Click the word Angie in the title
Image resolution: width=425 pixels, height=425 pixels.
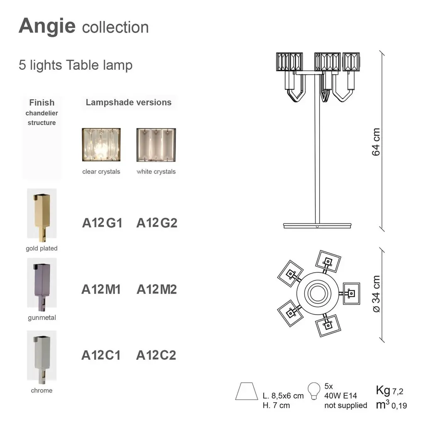pyautogui.click(x=47, y=27)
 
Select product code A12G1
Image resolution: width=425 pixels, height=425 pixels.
pyautogui.click(x=102, y=223)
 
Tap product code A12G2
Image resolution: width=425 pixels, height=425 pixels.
pyautogui.click(x=156, y=223)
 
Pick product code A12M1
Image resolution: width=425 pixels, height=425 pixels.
pyautogui.click(x=101, y=289)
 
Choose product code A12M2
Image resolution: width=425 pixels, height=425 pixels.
pyautogui.click(x=156, y=289)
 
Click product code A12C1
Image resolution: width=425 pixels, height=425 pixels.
pyautogui.click(x=101, y=355)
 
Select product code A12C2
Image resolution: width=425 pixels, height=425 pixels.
pyautogui.click(x=156, y=355)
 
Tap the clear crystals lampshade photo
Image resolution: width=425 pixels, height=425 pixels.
pyautogui.click(x=101, y=145)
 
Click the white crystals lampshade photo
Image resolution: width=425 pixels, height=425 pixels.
pyautogui.click(x=156, y=145)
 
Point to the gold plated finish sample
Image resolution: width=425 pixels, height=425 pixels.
pyautogui.click(x=42, y=215)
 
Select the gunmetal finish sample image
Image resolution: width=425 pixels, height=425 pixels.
pyautogui.click(x=42, y=284)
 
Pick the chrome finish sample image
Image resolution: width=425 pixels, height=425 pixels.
pyautogui.click(x=42, y=357)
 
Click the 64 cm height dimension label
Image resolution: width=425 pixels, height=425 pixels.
pyautogui.click(x=376, y=142)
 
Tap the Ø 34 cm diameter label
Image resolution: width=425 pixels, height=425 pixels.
pyautogui.click(x=376, y=294)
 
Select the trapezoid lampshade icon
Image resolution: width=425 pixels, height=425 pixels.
pyautogui.click(x=247, y=391)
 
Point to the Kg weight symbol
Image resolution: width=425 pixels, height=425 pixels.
pyautogui.click(x=383, y=391)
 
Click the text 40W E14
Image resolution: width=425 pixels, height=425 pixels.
pyautogui.click(x=341, y=396)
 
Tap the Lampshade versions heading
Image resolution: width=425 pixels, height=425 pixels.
pyautogui.click(x=129, y=102)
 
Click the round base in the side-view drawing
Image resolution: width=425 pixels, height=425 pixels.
pyautogui.click(x=317, y=225)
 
